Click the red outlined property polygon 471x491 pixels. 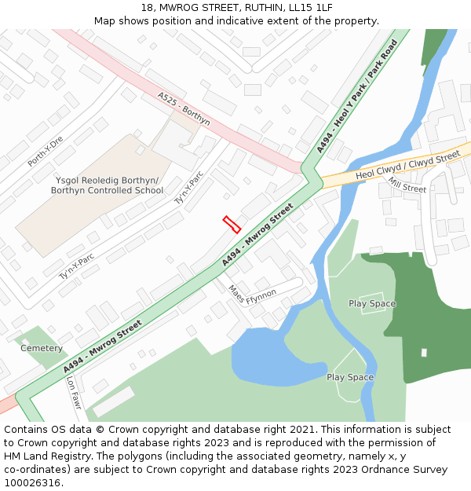(232, 225)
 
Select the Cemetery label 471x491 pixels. (42, 348)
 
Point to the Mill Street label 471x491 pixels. (407, 185)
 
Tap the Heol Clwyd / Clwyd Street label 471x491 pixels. (407, 167)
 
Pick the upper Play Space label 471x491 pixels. (372, 303)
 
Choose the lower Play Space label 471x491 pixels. (350, 377)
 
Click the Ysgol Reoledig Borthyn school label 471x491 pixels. (107, 185)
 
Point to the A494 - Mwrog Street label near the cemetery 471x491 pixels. (103, 346)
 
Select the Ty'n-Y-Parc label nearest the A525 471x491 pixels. (188, 189)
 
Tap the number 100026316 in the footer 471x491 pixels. (32, 483)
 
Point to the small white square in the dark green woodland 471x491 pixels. (424, 353)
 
